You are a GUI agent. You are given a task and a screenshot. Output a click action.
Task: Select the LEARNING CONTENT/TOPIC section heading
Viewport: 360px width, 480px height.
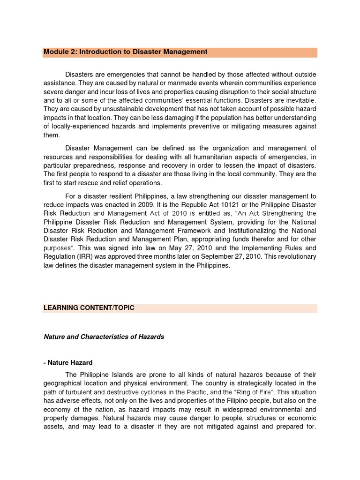89,308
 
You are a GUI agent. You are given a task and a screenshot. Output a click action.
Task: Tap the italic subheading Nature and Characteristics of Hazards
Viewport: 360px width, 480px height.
104,337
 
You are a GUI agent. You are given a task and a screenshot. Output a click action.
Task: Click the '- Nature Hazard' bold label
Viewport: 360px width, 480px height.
68,362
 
